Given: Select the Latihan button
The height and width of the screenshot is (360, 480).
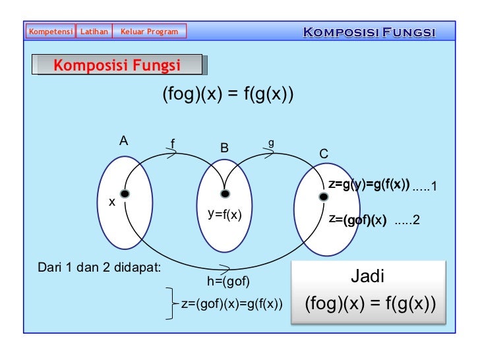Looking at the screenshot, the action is (x=94, y=31).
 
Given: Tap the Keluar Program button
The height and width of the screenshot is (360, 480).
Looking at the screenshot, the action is (x=149, y=31).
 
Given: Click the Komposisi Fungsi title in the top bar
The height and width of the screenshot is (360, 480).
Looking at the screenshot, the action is (x=369, y=32).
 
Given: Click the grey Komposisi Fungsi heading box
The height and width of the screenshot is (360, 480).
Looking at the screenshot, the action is (x=119, y=65).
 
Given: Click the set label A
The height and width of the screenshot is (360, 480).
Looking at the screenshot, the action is (x=123, y=140).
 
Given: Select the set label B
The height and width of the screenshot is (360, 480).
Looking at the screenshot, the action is (x=224, y=148).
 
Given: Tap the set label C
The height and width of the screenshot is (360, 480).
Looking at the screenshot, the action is (x=324, y=154).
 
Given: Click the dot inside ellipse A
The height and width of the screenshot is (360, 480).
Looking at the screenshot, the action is (x=124, y=193).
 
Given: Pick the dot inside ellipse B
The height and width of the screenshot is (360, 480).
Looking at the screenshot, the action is (x=225, y=194).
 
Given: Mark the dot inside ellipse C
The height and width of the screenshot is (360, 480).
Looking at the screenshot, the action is (x=323, y=196).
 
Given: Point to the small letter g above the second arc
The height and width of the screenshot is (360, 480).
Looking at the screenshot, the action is (x=271, y=142).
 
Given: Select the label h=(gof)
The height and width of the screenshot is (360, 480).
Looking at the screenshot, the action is (x=228, y=282).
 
